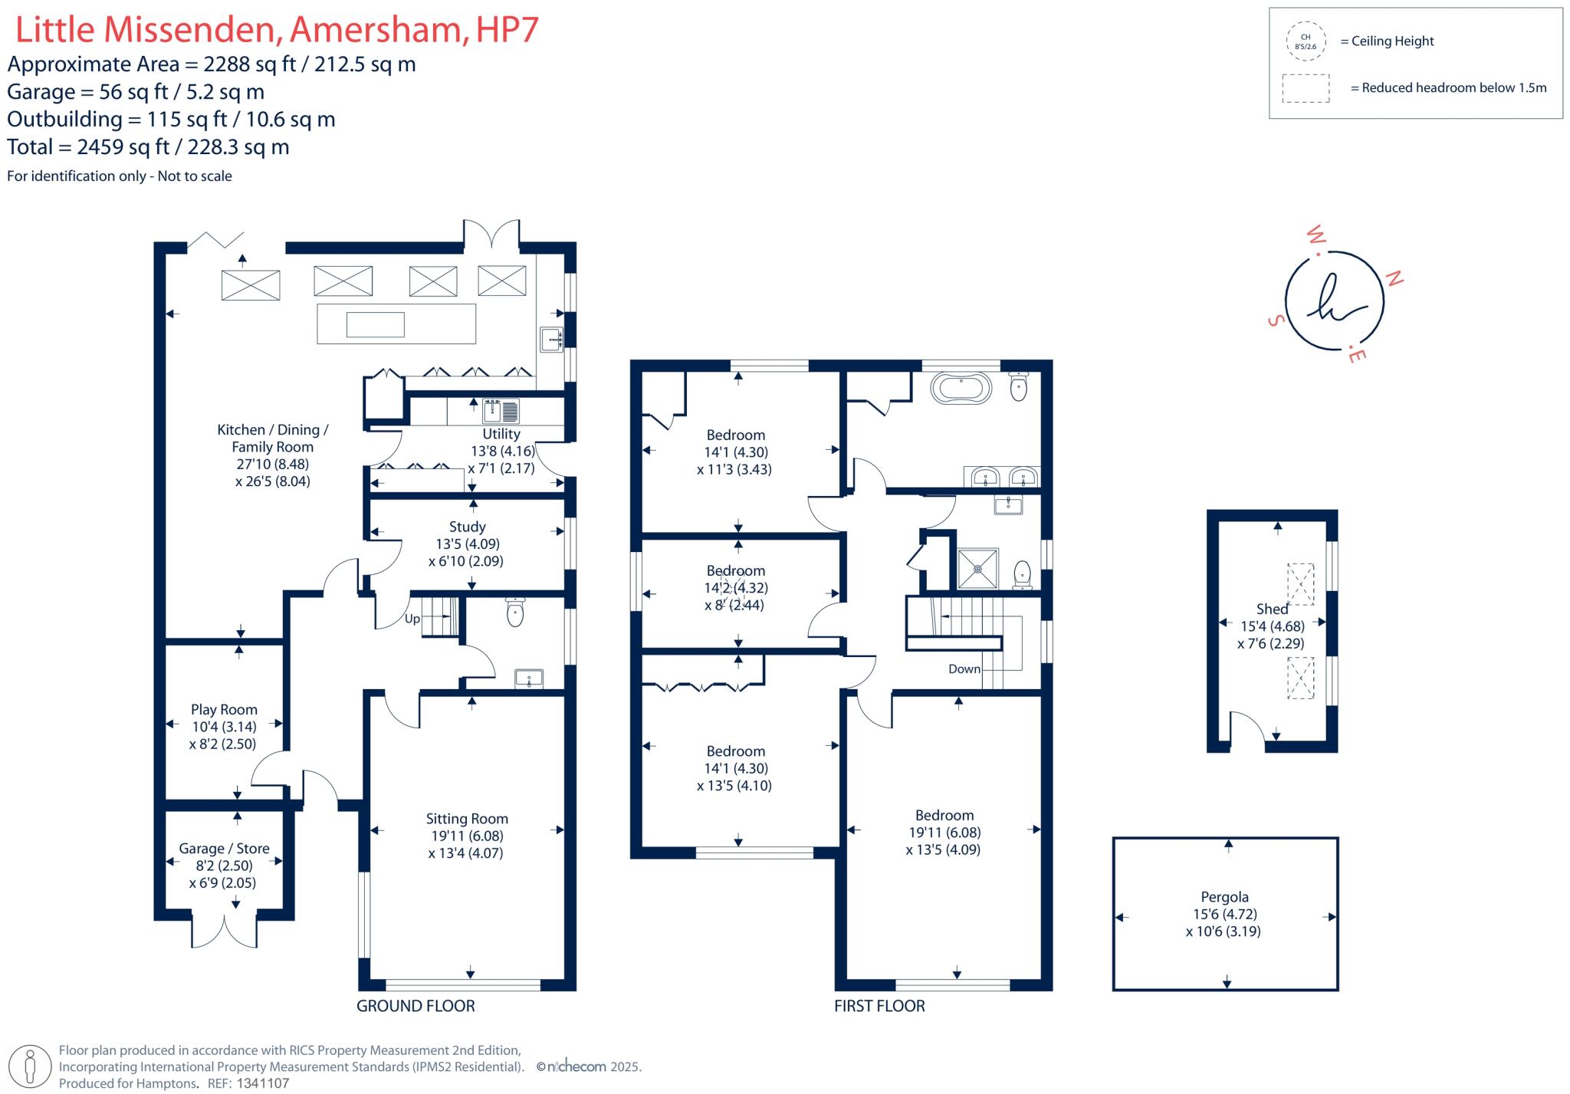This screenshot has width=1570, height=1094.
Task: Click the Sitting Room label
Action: tap(467, 819)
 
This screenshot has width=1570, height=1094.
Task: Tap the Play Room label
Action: tap(224, 710)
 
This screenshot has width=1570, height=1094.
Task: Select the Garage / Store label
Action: tap(224, 849)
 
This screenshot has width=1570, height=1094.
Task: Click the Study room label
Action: tap(467, 527)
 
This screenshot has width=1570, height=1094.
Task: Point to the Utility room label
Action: tap(501, 434)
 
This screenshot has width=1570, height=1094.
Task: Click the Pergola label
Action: tap(1224, 897)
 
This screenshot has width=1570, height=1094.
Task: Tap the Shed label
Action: tap(1272, 609)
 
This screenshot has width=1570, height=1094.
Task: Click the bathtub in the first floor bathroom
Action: tap(960, 389)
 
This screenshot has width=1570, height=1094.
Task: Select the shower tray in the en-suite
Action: tap(977, 569)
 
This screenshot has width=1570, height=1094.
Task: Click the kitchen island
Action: tap(396, 324)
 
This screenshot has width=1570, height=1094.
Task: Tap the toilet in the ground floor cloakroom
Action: tap(515, 612)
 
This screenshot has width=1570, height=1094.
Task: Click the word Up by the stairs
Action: tap(412, 619)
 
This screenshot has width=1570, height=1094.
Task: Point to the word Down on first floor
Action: tap(964, 669)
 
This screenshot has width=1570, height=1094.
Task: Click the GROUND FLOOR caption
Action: tap(415, 1006)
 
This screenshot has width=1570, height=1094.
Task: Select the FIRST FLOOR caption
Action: tap(879, 1006)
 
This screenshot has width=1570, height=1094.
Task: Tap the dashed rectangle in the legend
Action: tap(1306, 88)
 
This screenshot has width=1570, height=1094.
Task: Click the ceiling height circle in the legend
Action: tap(1306, 41)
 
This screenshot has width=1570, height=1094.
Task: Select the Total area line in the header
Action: tap(148, 147)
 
